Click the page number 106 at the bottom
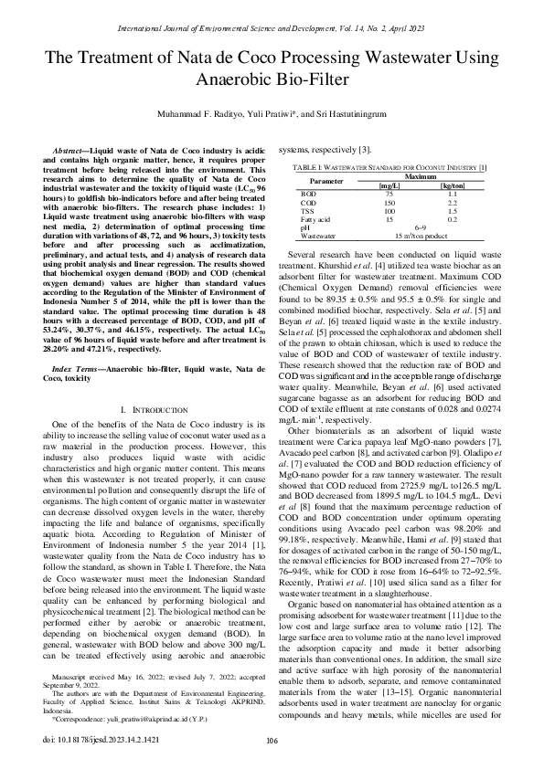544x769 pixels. click(x=272, y=742)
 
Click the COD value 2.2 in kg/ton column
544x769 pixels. click(x=452, y=203)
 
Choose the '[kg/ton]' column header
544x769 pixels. click(x=452, y=186)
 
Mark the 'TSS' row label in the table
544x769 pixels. click(x=308, y=212)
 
